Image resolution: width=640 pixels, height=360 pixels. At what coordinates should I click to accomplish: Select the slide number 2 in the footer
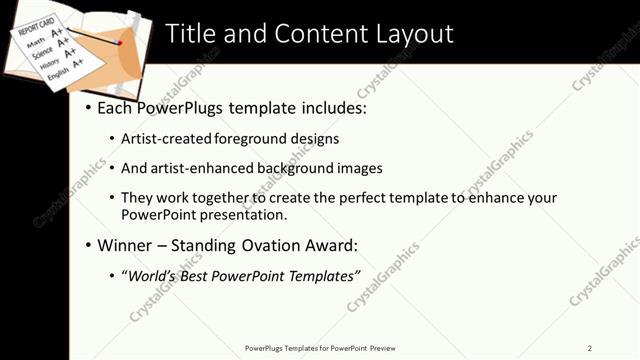pyautogui.click(x=590, y=347)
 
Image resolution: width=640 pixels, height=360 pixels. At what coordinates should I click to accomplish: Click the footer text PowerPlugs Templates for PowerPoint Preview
pyautogui.click(x=320, y=347)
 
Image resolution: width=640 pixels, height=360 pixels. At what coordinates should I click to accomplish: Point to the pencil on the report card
pyautogui.click(x=100, y=38)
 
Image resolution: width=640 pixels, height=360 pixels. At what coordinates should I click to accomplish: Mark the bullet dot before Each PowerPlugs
pyautogui.click(x=88, y=108)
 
